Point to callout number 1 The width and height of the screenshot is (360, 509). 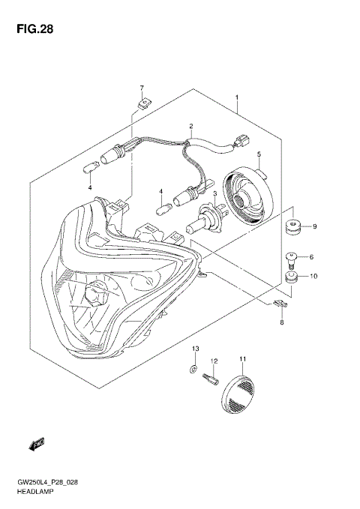[236, 98]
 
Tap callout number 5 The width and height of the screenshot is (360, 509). [259, 155]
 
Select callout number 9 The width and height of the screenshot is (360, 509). [315, 226]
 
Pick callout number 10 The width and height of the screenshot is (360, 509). [315, 277]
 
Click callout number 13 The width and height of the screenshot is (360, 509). [194, 350]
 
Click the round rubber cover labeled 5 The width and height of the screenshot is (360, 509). [247, 199]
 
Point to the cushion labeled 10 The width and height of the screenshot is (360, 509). [292, 280]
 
